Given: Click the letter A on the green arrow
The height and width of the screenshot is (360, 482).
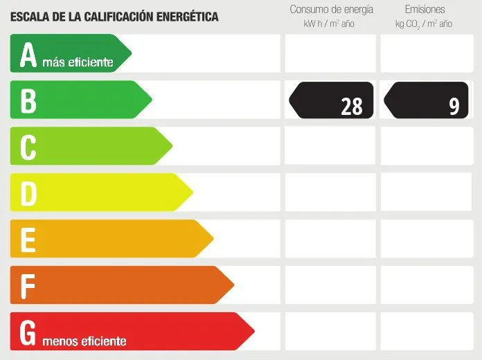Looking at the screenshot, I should [28, 55].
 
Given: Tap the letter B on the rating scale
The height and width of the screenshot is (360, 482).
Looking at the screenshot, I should [28, 101].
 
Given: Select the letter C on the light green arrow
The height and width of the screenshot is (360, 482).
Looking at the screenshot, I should [28, 147].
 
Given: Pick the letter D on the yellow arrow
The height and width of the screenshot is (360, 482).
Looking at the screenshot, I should [28, 194].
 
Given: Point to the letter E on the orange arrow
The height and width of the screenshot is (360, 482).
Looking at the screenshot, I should [28, 240].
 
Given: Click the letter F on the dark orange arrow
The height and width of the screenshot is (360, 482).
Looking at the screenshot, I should [28, 286].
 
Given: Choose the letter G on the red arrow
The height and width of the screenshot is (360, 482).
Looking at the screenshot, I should [28, 332].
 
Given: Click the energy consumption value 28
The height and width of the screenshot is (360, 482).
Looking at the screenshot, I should [351, 106].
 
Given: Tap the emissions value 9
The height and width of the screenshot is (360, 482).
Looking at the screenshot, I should [454, 106].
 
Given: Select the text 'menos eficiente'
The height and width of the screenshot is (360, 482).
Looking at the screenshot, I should [84, 341].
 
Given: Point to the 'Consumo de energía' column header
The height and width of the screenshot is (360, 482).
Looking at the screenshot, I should [331, 10].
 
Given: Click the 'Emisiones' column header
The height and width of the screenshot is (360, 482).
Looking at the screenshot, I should [425, 10].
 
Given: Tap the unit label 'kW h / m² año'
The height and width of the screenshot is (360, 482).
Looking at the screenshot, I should [328, 24].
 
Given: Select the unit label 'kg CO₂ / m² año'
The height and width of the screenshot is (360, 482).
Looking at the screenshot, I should [424, 24].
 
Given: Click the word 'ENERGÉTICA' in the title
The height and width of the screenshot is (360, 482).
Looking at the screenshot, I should [185, 16].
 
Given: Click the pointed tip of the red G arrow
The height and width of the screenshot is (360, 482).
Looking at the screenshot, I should [253, 331].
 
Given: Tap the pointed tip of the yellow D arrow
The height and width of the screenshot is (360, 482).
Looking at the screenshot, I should [192, 192].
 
